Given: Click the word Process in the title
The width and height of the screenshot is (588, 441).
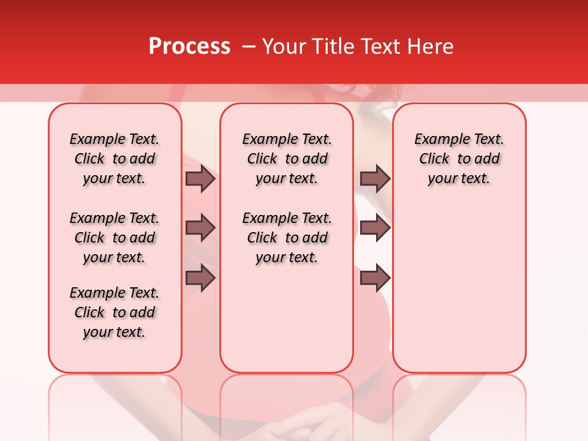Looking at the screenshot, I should click(x=189, y=47).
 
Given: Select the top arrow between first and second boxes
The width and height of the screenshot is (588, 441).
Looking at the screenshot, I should click(x=200, y=179).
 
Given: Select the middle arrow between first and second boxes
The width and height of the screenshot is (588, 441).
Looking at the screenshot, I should click(x=200, y=228).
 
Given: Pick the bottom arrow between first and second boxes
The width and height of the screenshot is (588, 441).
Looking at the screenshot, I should click(x=200, y=278).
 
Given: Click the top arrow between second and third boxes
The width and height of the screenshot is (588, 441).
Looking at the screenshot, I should click(x=375, y=179).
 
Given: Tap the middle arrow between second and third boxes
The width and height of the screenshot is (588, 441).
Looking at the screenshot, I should click(x=375, y=228).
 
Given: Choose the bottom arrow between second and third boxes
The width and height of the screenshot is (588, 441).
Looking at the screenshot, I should click(x=375, y=278).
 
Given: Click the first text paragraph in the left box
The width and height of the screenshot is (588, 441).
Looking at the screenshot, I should click(x=115, y=159).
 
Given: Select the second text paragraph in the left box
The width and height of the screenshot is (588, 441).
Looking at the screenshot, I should click(x=115, y=238).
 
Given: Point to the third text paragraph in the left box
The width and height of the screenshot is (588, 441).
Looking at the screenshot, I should click(x=115, y=312).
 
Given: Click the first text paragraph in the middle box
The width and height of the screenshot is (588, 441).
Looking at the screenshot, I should click(x=287, y=159).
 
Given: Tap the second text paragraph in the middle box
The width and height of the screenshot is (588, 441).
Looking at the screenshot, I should click(x=287, y=238).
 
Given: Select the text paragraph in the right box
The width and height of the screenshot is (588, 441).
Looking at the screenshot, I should click(x=459, y=159).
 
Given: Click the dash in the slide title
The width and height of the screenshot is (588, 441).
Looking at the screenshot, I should click(x=249, y=47).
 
